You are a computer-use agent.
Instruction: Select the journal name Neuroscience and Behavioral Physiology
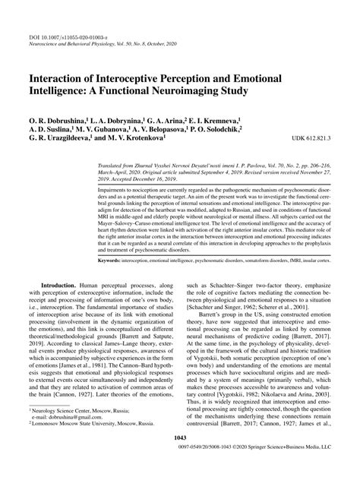click(78, 23)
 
